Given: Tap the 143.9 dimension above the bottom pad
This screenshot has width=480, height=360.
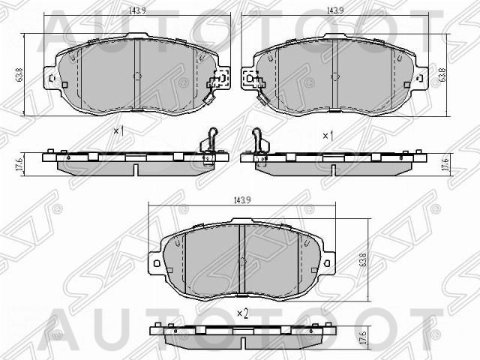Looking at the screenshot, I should tap(240, 199).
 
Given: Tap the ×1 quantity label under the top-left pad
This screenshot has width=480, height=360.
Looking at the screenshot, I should tap(117, 131).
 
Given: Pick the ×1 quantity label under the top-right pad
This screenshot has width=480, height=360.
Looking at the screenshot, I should tap(327, 136).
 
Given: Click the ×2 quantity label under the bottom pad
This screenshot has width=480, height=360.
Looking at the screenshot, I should tap(241, 313).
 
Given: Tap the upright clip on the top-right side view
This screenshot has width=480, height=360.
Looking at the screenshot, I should tap(258, 142).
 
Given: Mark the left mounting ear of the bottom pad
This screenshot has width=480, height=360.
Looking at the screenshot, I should tap(156, 262).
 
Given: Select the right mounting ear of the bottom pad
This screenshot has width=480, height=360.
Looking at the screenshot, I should tap(327, 262).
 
